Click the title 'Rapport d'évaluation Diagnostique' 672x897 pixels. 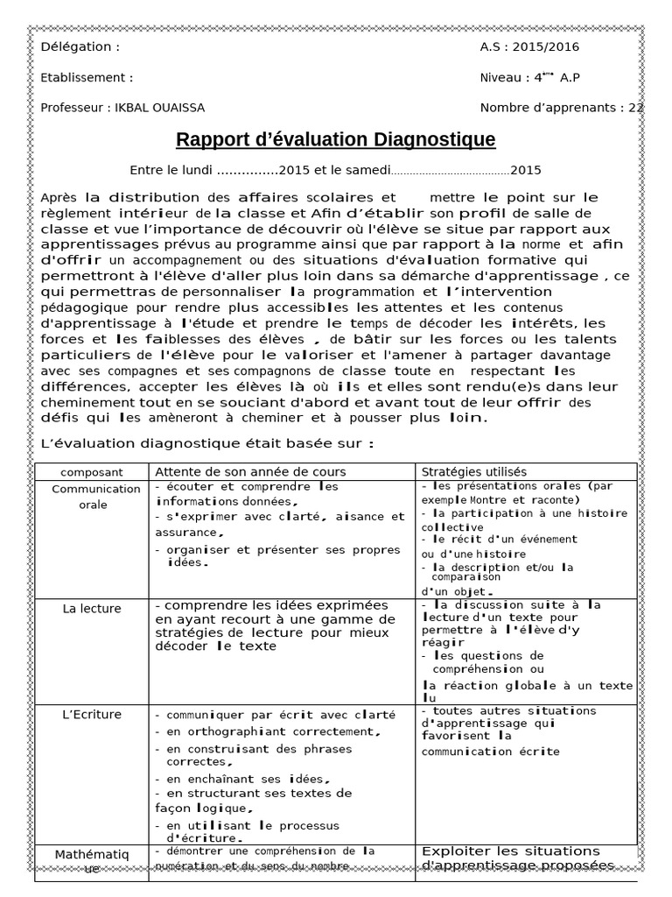click(x=335, y=139)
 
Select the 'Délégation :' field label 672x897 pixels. click(x=80, y=47)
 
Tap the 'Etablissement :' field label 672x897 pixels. click(x=87, y=78)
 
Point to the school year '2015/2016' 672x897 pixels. click(x=548, y=47)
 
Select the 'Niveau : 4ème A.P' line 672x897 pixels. click(x=529, y=78)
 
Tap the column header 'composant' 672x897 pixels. click(x=92, y=472)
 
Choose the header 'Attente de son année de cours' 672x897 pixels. click(x=250, y=472)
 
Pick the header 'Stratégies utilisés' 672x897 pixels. click(x=474, y=472)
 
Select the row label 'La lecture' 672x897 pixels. click(x=92, y=609)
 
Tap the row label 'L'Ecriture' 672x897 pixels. click(x=92, y=715)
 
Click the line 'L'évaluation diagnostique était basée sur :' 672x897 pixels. click(x=207, y=444)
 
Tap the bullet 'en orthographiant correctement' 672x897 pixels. click(x=272, y=731)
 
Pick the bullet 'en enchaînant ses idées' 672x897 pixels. click(x=248, y=779)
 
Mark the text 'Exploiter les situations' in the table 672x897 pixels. click(x=511, y=851)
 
